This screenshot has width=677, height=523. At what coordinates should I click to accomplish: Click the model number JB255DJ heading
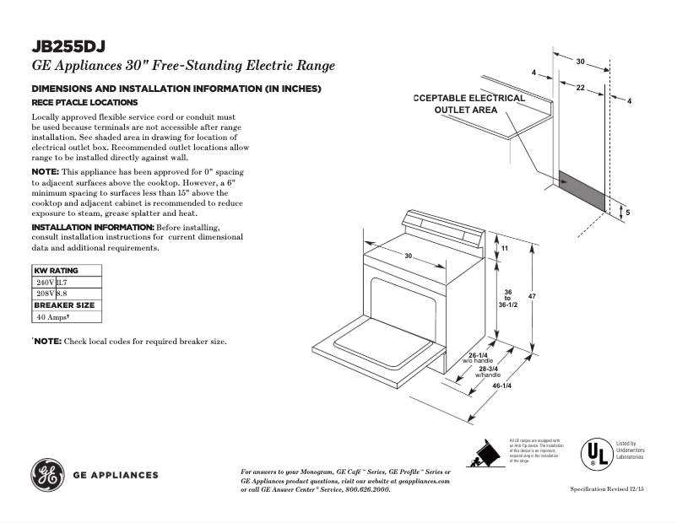click(x=68, y=46)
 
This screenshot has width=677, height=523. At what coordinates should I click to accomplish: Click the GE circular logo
click(x=48, y=474)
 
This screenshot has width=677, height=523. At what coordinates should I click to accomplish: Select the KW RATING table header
click(x=56, y=271)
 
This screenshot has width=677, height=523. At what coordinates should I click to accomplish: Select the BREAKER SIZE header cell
click(x=64, y=305)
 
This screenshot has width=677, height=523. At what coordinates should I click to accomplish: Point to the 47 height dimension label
click(x=532, y=296)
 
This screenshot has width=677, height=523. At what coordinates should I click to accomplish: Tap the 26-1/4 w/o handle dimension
click(x=479, y=358)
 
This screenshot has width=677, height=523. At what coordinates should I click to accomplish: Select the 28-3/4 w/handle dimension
click(x=489, y=371)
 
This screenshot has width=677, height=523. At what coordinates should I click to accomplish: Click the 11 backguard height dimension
click(x=505, y=250)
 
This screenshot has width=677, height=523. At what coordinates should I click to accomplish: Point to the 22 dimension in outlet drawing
click(x=581, y=88)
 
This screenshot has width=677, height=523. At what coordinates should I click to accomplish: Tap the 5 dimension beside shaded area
click(x=627, y=213)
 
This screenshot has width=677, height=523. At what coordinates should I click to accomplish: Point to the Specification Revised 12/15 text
click(x=607, y=489)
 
